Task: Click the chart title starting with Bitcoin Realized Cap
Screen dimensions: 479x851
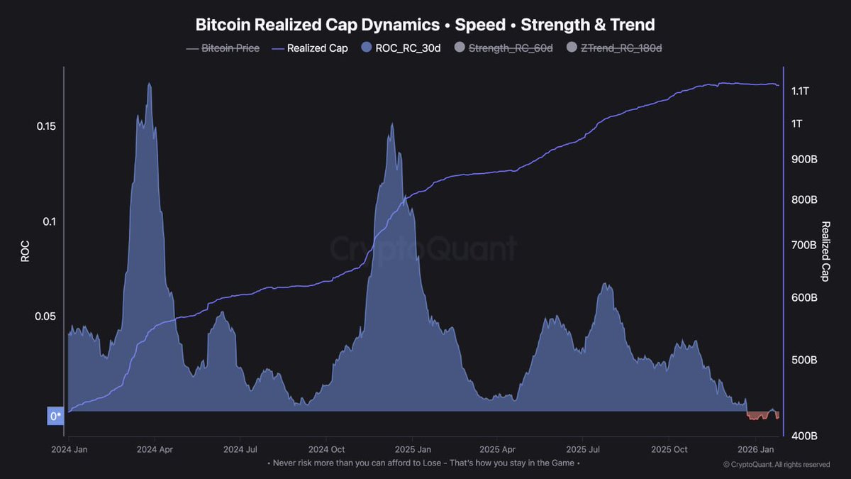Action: [x=425, y=25]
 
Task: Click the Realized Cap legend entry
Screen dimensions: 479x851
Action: [x=310, y=48]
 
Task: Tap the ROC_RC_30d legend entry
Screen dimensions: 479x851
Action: [x=401, y=48]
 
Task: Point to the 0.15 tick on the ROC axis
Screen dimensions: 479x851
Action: [x=45, y=126]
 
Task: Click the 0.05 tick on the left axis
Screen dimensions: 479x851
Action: [x=45, y=316]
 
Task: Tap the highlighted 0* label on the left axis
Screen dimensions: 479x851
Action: [x=55, y=416]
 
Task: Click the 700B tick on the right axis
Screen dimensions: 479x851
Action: [x=803, y=245]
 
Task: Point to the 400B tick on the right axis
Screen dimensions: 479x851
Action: [x=803, y=435]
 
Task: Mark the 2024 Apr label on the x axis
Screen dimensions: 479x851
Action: [x=155, y=449]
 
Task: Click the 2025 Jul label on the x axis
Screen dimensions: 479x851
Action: [x=584, y=449]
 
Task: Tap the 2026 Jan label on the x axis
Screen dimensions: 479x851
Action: [x=757, y=449]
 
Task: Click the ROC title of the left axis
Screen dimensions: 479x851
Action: [x=25, y=250]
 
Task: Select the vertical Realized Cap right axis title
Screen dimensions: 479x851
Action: [x=825, y=251]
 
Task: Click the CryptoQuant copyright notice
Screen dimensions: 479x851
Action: [x=776, y=465]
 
